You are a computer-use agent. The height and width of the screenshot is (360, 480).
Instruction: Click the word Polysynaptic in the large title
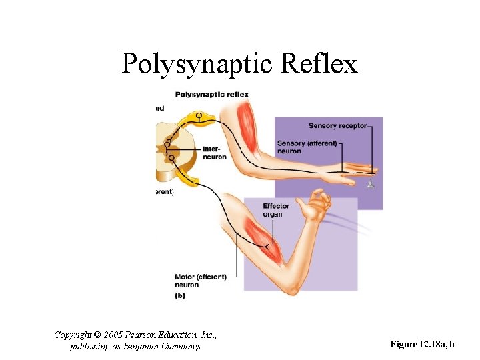[x=197, y=64]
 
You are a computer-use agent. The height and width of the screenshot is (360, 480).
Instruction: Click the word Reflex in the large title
[x=320, y=64]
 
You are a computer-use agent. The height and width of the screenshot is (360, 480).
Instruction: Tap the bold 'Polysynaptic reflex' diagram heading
[x=211, y=94]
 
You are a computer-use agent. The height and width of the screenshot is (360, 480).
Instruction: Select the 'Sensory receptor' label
[x=337, y=126]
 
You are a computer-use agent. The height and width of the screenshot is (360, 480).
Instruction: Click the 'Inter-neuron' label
[x=211, y=153]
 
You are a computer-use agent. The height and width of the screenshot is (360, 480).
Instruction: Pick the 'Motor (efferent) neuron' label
[x=200, y=281]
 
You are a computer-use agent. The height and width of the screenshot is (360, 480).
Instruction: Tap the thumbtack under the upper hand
[x=371, y=182]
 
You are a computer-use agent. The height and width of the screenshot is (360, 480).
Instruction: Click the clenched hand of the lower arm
[x=318, y=202]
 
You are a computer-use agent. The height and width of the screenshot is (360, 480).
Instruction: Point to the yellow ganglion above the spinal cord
[x=198, y=118]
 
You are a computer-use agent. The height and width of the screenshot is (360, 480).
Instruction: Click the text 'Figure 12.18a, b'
[x=422, y=345]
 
